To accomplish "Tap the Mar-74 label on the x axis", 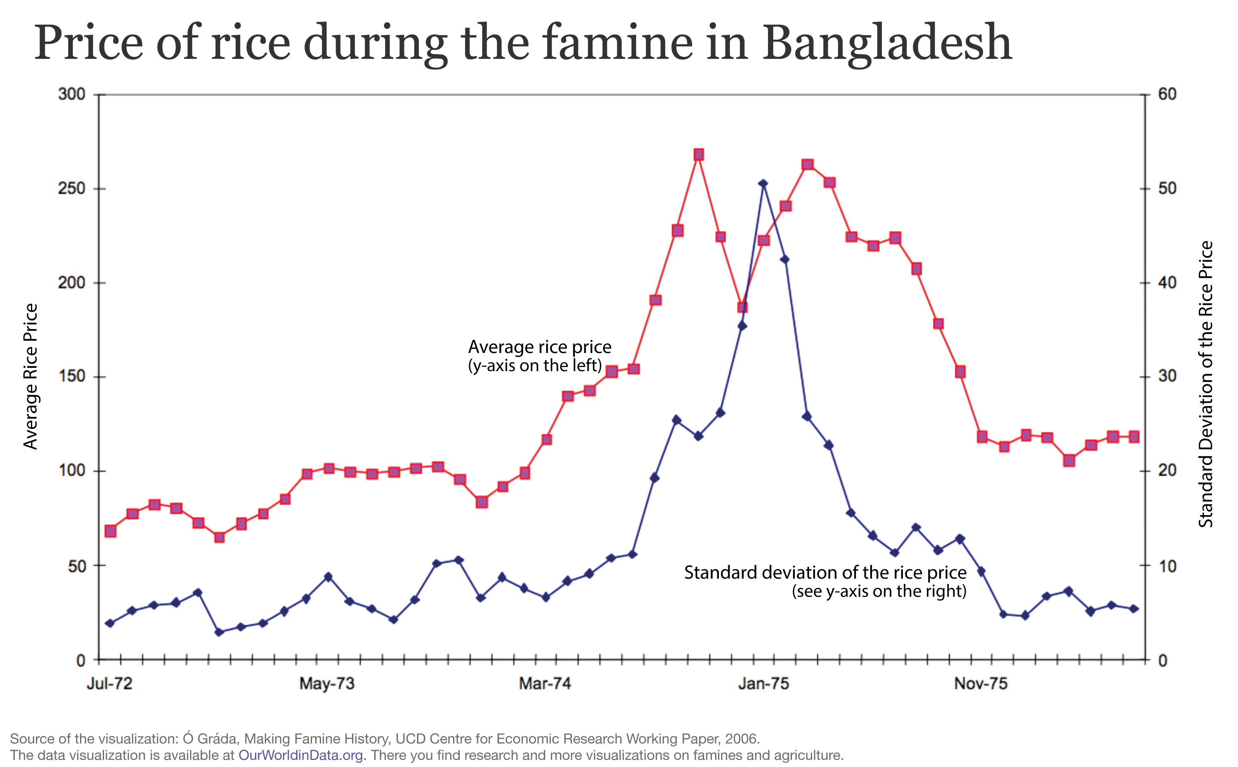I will coord(545,684).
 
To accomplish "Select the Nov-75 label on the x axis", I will coord(980,684).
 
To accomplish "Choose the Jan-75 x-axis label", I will coord(763,684).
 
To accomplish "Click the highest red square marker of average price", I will coord(698,155).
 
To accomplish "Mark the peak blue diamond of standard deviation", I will coord(762,184).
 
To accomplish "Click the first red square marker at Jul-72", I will coord(110,531).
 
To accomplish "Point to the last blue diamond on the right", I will coord(1134,609).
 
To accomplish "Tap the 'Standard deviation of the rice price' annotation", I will coord(825,573).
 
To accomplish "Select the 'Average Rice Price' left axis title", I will coord(31,376).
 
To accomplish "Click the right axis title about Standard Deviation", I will coord(1205,384).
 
